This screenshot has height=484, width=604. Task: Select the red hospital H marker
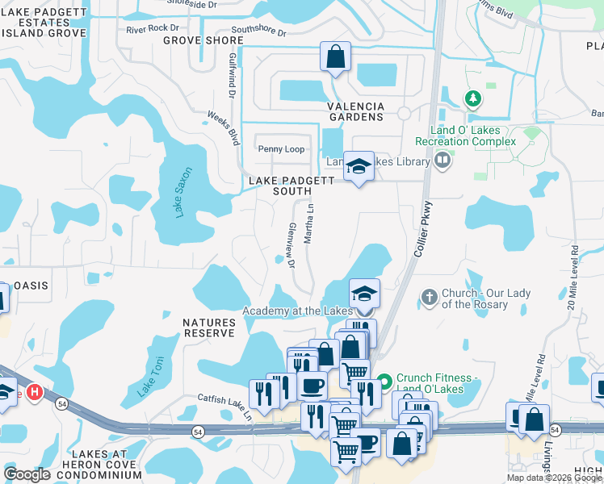coord(34,393)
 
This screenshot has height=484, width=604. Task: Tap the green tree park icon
coord(473,99)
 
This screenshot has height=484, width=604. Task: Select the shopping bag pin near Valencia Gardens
coord(335,57)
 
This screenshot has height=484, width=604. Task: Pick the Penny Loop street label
coord(281,149)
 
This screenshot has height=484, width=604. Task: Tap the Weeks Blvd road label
coord(224,129)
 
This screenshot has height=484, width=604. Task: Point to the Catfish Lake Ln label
coord(225,403)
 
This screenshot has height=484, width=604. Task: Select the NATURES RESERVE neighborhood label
coord(208,328)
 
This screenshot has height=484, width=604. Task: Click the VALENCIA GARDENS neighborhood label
coord(355,111)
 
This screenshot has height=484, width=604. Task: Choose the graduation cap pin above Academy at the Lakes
coord(364,294)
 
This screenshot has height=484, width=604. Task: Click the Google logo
coord(27,474)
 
